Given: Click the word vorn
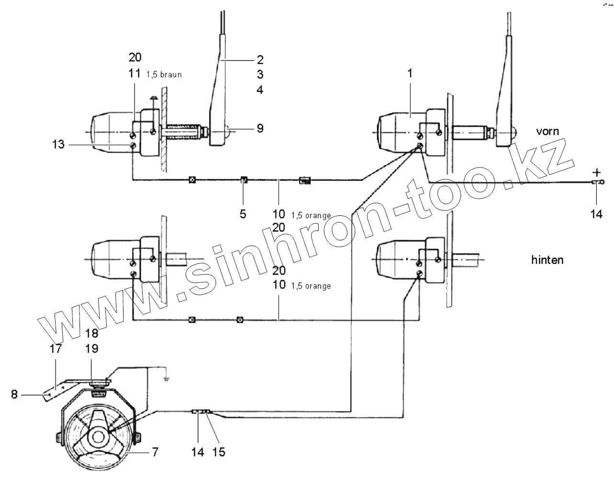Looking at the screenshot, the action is [x=547, y=131].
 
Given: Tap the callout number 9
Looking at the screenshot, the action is [x=260, y=128].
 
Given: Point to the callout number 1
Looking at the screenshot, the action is [x=410, y=74].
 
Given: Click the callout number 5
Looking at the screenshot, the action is [x=243, y=214].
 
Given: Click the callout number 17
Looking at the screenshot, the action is [x=56, y=349].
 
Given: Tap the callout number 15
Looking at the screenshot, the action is [x=218, y=451].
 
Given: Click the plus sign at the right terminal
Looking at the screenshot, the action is [x=596, y=171].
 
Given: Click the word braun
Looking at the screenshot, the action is [x=171, y=75].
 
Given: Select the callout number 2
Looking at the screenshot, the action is [x=260, y=59].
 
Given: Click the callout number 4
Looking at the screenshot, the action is [x=260, y=89].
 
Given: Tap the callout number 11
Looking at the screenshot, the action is [x=135, y=73].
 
